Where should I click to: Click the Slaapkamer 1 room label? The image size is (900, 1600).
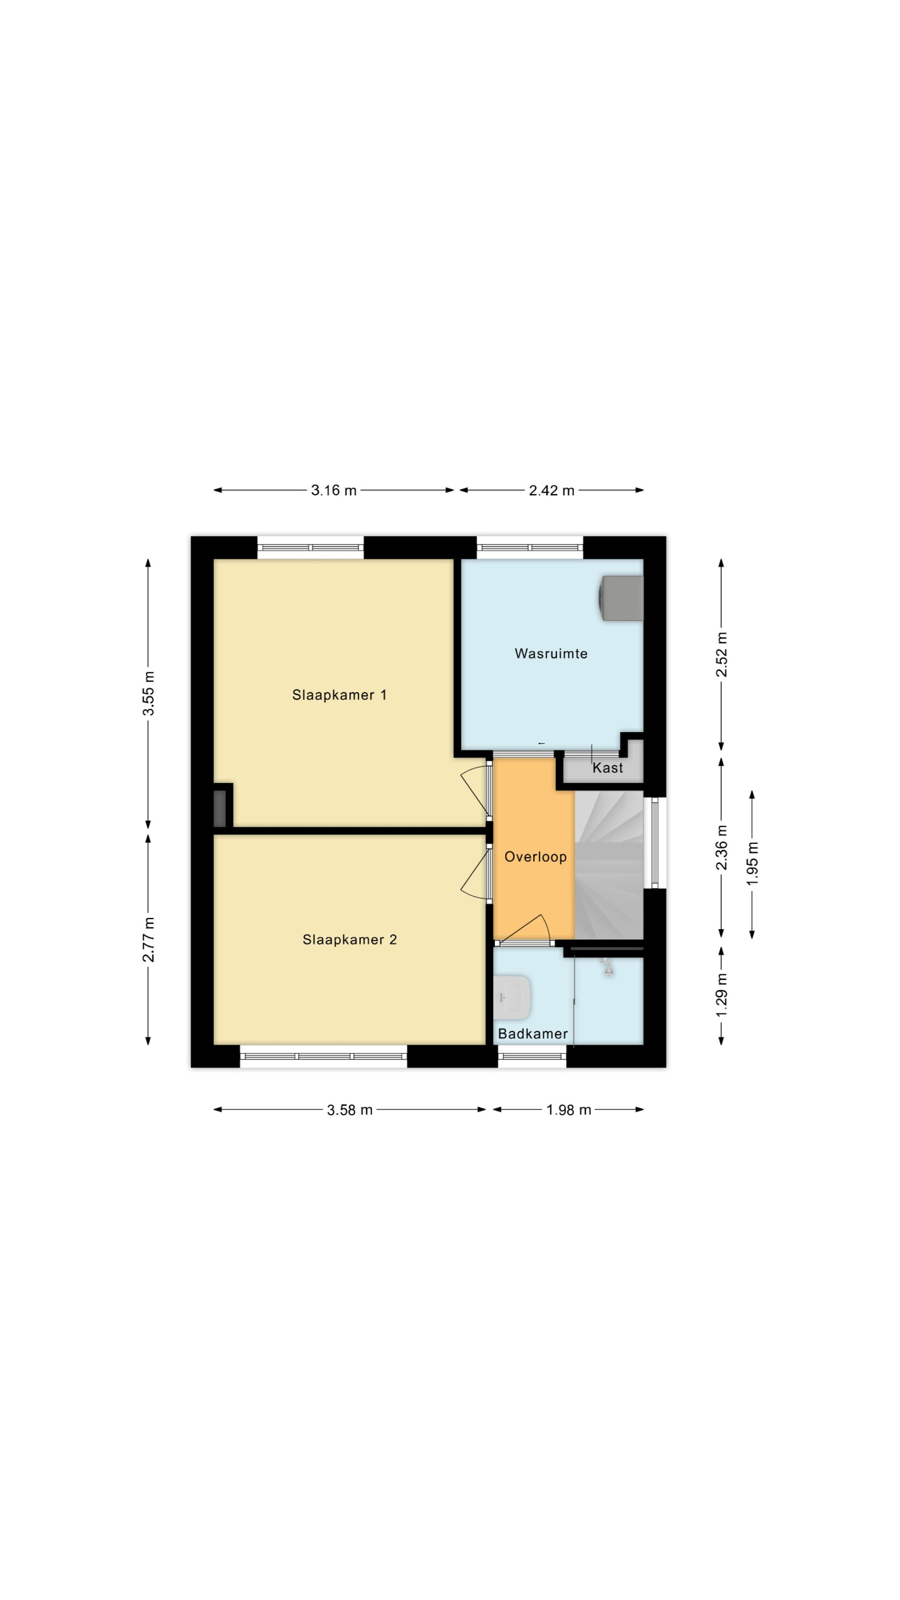click(339, 695)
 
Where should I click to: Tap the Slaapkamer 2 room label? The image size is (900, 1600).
click(350, 940)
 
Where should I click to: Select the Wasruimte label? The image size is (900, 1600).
click(551, 653)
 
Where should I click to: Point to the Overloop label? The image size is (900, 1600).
click(535, 857)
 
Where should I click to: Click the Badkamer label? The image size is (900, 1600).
click(533, 1034)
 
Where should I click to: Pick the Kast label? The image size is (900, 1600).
click(607, 768)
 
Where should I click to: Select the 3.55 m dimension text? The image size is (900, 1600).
click(148, 693)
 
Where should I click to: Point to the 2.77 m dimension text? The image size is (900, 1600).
click(148, 939)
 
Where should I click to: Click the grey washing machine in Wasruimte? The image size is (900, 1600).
click(621, 598)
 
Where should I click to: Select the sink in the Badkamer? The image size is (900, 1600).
click(513, 998)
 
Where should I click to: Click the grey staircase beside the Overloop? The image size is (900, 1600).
click(609, 865)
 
